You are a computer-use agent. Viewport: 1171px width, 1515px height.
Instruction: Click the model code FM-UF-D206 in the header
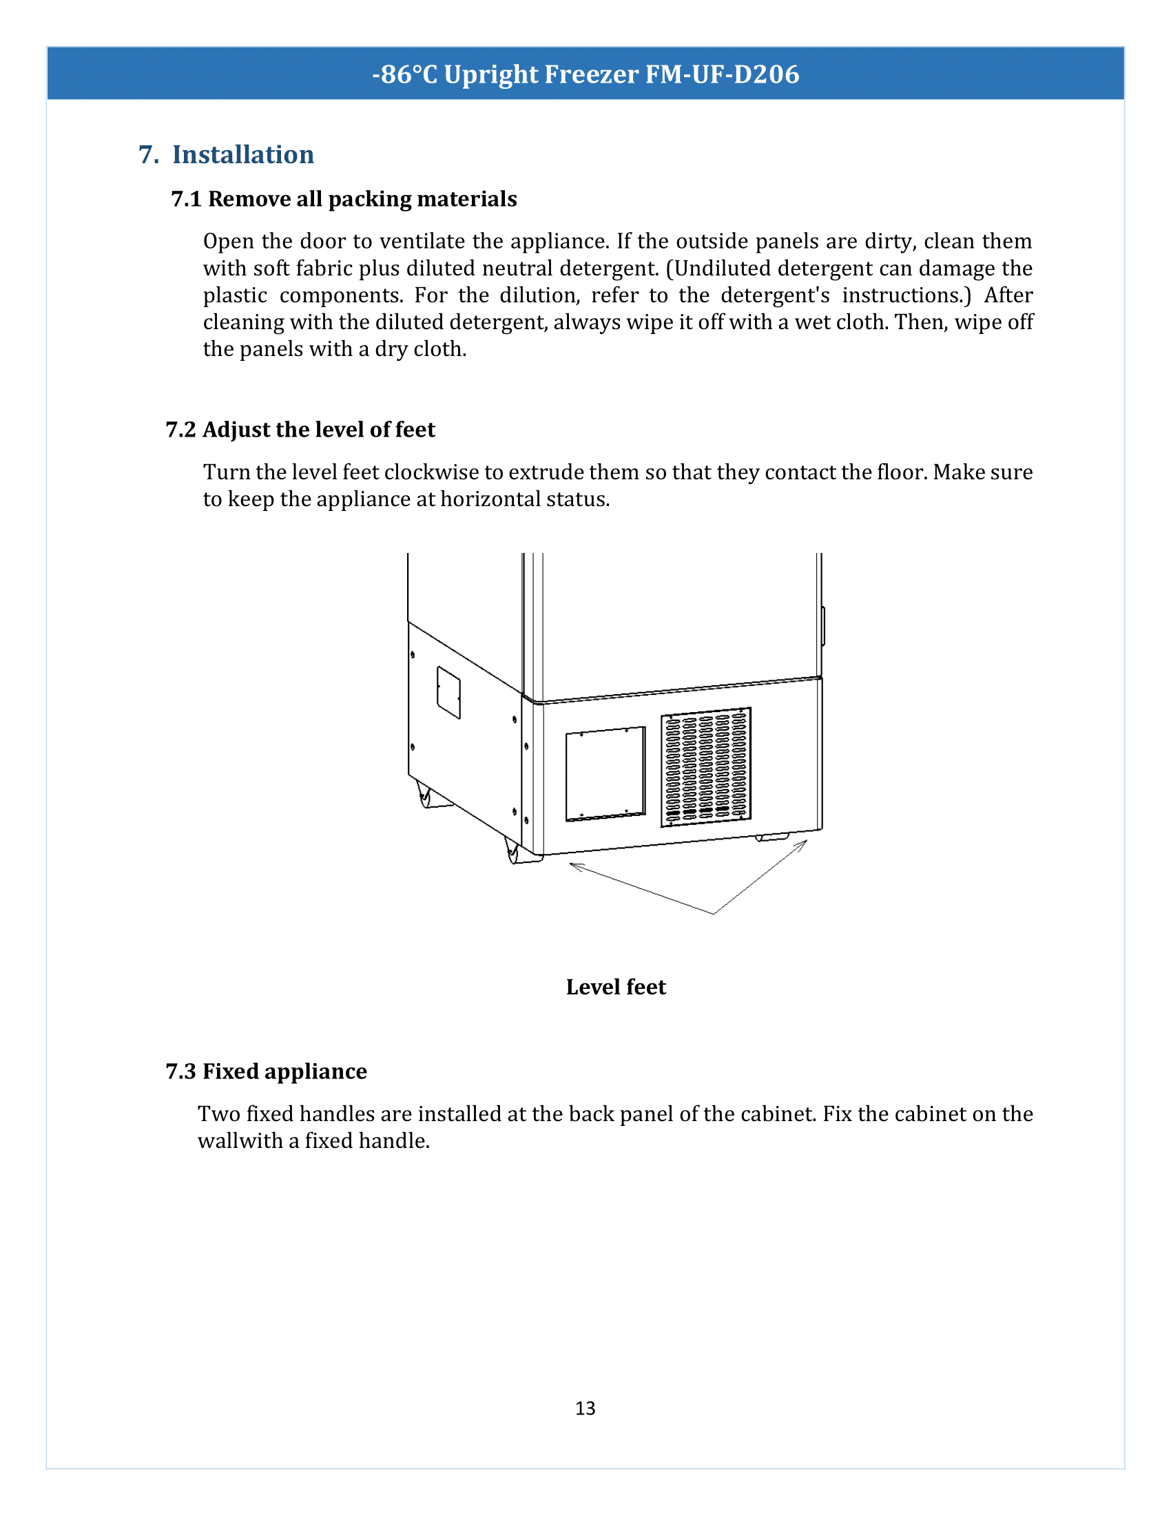[722, 74]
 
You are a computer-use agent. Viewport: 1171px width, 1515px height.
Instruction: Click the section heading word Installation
[242, 155]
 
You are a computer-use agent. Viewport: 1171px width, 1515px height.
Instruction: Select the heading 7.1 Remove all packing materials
[344, 199]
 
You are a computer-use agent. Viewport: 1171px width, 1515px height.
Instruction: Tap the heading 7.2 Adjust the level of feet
[300, 430]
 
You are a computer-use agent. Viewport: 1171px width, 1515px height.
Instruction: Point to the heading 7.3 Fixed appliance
[267, 1072]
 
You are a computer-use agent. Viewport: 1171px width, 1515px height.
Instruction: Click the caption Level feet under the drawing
[615, 987]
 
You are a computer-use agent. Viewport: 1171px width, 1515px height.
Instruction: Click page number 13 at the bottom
[585, 1408]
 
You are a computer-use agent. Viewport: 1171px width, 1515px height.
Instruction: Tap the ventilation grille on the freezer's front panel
[705, 766]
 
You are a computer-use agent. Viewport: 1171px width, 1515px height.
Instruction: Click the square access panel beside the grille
[605, 774]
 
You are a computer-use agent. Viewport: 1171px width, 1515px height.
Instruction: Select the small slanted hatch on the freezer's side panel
[448, 692]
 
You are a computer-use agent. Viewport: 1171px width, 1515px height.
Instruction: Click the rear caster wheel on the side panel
[424, 795]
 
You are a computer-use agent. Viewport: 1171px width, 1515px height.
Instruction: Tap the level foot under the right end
[773, 837]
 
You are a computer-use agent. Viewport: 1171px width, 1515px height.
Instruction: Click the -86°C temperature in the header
[404, 74]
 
